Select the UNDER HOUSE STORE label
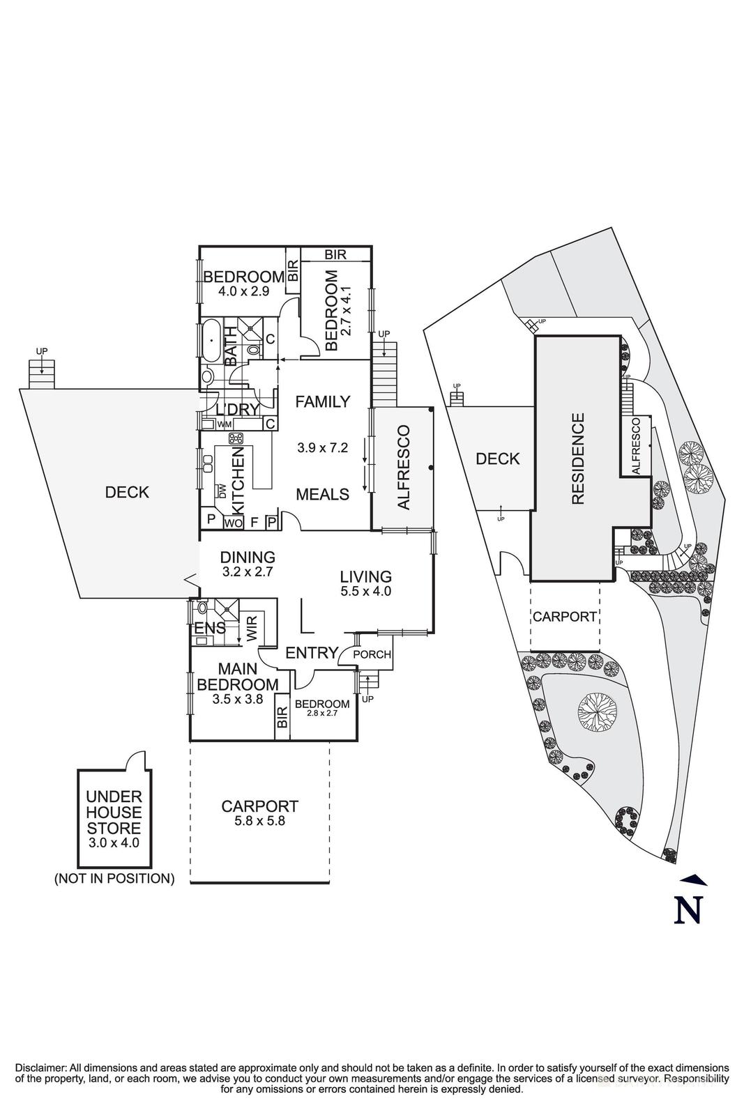coord(114,812)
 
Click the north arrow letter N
coord(688,909)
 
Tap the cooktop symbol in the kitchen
coord(236,438)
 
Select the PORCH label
coord(372,655)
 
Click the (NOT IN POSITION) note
coord(114,878)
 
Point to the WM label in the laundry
coord(224,424)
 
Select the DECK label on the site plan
coord(498,459)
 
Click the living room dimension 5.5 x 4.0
coord(365,591)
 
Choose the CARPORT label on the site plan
coord(564,617)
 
